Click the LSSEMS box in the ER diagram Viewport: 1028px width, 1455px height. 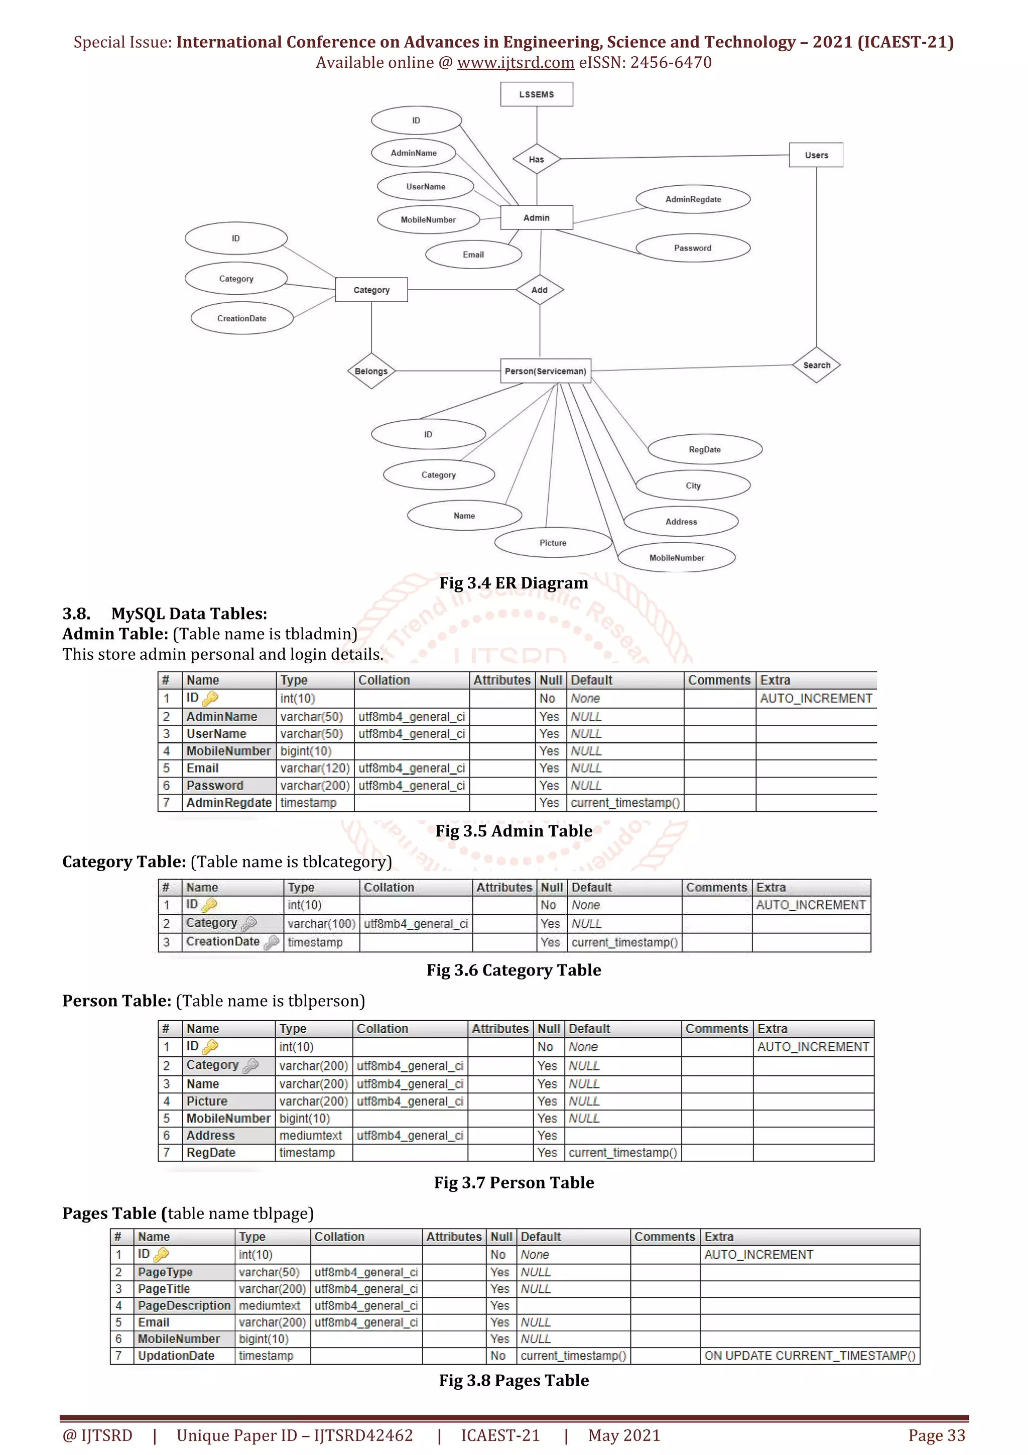pos(537,94)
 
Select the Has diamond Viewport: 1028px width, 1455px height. pos(537,159)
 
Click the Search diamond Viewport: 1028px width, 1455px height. pos(817,365)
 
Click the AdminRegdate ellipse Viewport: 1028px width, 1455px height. pos(693,199)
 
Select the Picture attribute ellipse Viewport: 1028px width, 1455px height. pos(553,542)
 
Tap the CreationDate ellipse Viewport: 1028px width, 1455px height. pos(242,318)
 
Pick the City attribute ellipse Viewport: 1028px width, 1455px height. pos(693,486)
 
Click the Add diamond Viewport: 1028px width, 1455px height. pos(540,290)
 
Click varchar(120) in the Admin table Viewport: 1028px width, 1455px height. pos(315,768)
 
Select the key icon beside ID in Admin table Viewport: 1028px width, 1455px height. pos(210,698)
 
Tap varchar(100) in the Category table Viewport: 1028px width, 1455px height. pos(321,923)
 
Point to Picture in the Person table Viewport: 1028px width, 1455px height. pos(207,1101)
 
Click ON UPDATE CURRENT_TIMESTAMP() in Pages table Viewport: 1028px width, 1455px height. pos(810,1356)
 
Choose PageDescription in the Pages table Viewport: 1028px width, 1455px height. pos(184,1305)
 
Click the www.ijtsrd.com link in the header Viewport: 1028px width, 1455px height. pos(516,63)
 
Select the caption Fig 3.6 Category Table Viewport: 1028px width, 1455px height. pos(513,969)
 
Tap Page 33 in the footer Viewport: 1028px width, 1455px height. pos(936,1435)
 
